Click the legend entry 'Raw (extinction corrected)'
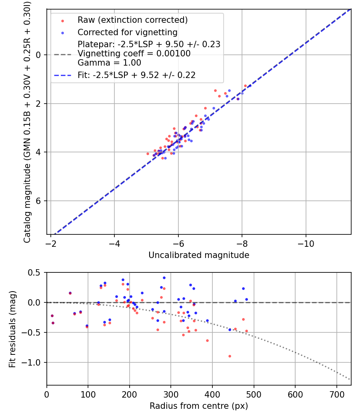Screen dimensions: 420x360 (x=132, y=20)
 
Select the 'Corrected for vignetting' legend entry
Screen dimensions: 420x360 (x=127, y=32)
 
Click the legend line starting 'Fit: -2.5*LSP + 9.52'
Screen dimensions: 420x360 (x=136, y=75)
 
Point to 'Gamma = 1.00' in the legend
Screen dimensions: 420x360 (x=109, y=63)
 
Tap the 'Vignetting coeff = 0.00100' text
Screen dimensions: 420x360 (x=134, y=54)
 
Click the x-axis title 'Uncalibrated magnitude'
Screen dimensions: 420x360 (x=199, y=255)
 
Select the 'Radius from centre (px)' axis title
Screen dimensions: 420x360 (x=199, y=406)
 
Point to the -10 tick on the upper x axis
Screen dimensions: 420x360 (x=306, y=243)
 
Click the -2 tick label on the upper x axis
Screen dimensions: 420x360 (x=51, y=243)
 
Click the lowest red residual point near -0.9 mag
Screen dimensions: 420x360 (x=230, y=356)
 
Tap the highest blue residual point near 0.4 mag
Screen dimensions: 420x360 (x=164, y=278)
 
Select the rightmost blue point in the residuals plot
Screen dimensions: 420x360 (x=246, y=299)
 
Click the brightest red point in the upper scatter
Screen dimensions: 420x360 (x=245, y=86)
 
